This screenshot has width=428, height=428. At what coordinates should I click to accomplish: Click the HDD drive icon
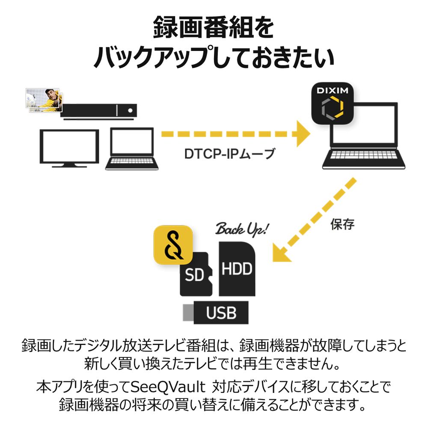coord(237,268)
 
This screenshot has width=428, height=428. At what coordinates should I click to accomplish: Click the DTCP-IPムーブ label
coord(229,153)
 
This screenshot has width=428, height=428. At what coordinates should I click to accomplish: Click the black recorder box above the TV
coord(99,110)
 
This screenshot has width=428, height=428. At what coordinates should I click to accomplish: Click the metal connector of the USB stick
coord(188,312)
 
